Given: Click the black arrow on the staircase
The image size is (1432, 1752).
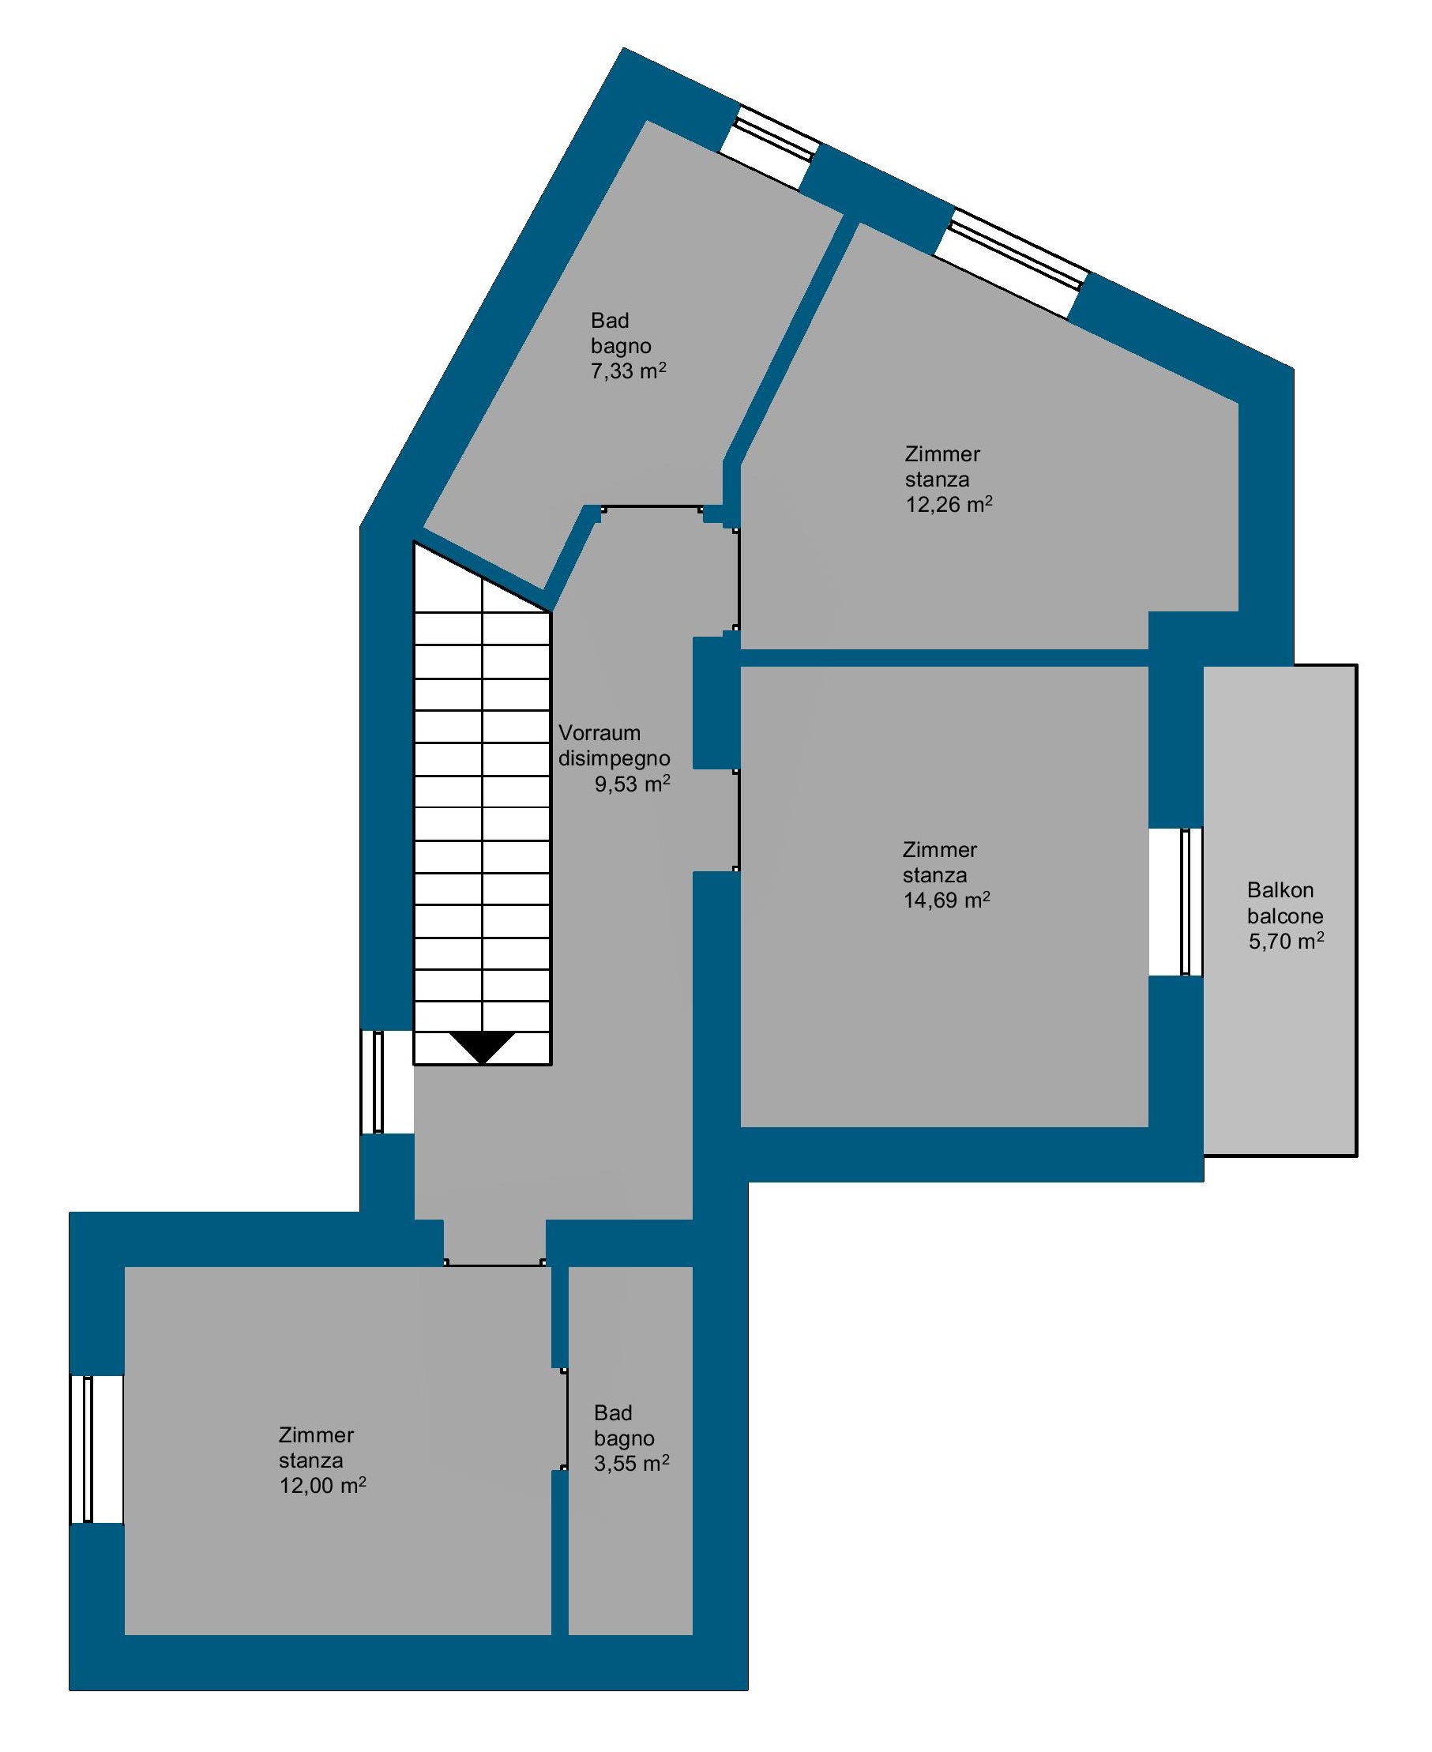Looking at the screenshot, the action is click(x=483, y=1047).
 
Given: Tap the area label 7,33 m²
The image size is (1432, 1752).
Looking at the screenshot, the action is click(x=628, y=370).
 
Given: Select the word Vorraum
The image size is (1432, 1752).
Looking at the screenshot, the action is click(x=599, y=733).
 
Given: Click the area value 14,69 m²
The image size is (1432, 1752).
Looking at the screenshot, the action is click(x=946, y=899).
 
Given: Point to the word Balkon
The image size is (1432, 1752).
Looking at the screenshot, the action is click(x=1280, y=890).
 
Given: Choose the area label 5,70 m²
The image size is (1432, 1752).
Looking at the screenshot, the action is click(x=1286, y=941).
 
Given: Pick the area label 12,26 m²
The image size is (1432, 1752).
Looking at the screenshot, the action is click(x=949, y=504).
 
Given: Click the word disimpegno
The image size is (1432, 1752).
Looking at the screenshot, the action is click(x=615, y=758).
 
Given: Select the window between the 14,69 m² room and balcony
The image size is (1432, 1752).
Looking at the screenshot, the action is click(x=1176, y=901).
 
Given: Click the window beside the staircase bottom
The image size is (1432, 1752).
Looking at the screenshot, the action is click(x=387, y=1081).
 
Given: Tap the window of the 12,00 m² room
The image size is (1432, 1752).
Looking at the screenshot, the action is click(x=96, y=1449).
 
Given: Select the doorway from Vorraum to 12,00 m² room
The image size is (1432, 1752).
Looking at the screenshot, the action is click(x=495, y=1264).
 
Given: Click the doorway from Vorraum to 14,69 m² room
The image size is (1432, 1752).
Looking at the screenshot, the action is click(x=737, y=820).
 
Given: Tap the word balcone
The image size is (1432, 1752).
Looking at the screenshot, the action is click(x=1285, y=915).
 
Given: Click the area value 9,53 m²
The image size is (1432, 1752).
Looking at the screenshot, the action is click(x=633, y=784).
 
